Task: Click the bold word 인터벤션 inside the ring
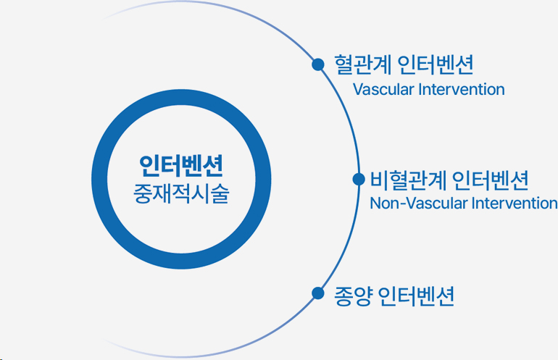[x=182, y=165]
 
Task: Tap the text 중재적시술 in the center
[x=182, y=194]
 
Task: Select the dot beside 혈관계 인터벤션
[x=317, y=64]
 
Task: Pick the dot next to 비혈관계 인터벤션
[x=357, y=179]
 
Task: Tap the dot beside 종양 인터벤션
[x=317, y=293]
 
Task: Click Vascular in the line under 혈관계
[x=381, y=91]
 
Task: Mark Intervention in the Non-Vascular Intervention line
[x=515, y=203]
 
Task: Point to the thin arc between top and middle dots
[x=346, y=120]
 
